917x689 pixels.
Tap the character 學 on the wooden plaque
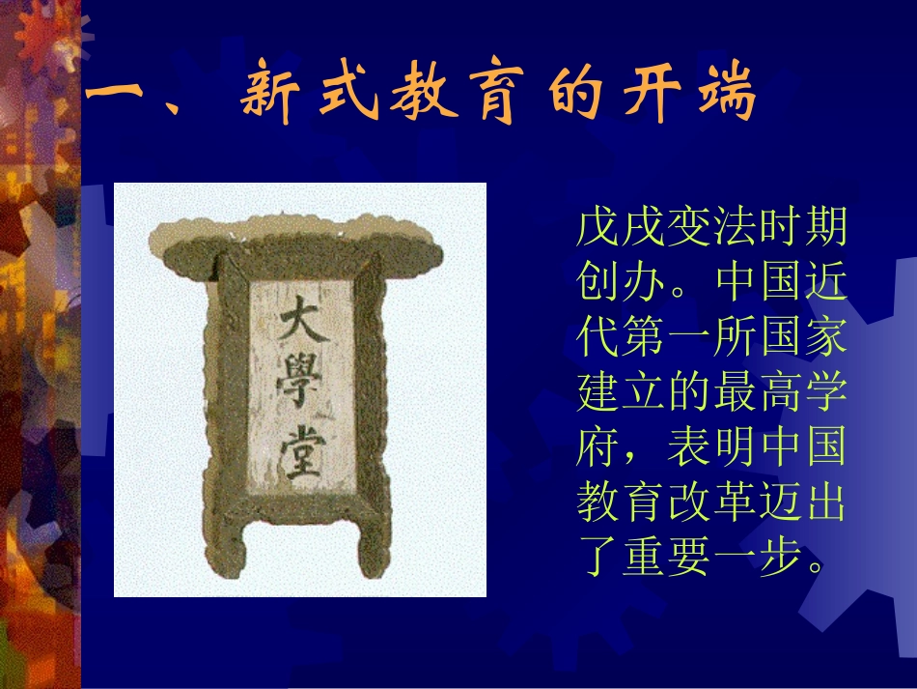pyautogui.click(x=301, y=388)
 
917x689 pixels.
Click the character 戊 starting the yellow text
pyautogui.click(x=597, y=230)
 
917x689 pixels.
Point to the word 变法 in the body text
pyautogui.click(x=710, y=230)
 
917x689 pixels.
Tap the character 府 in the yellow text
pyautogui.click(x=597, y=450)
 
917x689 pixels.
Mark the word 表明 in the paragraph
pyautogui.click(x=710, y=450)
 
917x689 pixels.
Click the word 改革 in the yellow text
pyautogui.click(x=710, y=505)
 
